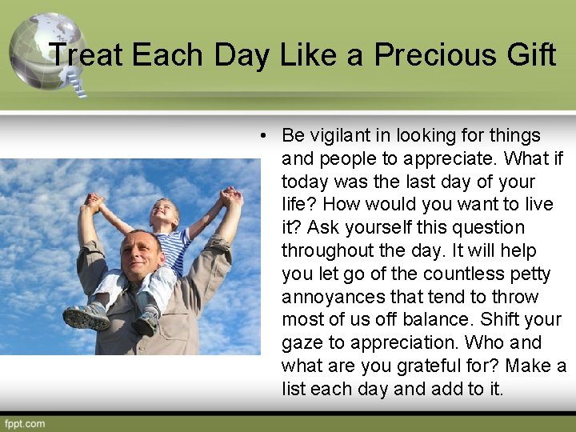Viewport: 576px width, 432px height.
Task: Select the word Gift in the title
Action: (529, 55)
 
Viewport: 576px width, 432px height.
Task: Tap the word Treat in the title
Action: (86, 55)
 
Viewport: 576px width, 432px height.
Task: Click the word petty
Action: (530, 274)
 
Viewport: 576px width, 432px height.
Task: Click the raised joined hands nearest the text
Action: (232, 196)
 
